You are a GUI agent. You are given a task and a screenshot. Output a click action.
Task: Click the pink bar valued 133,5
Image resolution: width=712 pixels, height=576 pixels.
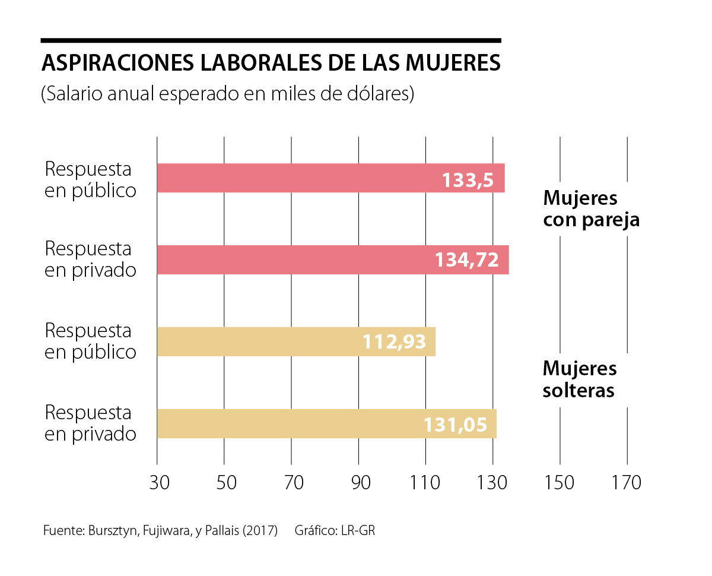point(330,178)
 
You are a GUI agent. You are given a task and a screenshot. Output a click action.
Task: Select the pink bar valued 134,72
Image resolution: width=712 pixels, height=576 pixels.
point(332,259)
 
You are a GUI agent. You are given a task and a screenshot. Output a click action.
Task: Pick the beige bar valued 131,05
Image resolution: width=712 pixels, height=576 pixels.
point(326,423)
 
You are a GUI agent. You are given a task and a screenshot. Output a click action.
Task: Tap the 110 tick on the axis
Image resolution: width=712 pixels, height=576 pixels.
point(425,482)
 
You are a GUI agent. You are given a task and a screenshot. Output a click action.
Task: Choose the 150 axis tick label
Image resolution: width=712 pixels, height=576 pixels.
point(560,482)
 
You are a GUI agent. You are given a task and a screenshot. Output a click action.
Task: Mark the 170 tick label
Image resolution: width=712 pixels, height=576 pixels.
point(627,482)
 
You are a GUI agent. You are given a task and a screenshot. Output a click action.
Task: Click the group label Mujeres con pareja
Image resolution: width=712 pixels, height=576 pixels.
point(591,208)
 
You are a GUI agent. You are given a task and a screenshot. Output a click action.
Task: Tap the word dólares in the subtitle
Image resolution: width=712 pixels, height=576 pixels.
point(376,94)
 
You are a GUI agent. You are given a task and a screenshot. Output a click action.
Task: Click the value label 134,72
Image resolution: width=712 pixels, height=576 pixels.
point(467,260)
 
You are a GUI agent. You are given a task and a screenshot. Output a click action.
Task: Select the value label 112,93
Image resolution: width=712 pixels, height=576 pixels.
point(394,342)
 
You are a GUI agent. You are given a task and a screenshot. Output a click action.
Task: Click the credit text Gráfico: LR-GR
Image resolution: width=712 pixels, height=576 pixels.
point(335,531)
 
